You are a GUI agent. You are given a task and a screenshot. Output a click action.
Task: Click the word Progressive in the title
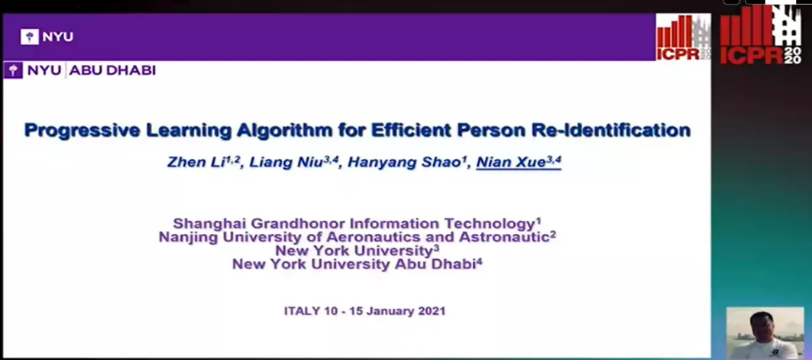(82, 130)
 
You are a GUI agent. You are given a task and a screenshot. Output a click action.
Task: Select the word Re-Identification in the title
(611, 129)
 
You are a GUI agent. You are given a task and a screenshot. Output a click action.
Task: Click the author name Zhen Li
(200, 162)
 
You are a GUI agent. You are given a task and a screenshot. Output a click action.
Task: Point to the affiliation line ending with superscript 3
(357, 251)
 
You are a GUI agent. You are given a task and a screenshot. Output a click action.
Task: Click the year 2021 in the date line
(432, 311)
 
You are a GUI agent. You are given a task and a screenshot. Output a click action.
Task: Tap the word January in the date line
(393, 311)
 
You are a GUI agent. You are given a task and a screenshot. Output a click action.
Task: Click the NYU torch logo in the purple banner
(30, 37)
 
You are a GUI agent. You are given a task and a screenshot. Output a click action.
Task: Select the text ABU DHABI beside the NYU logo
(112, 70)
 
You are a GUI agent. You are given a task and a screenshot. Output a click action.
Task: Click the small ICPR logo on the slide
(684, 37)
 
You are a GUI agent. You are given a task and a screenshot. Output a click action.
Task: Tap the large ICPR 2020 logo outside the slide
(760, 34)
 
